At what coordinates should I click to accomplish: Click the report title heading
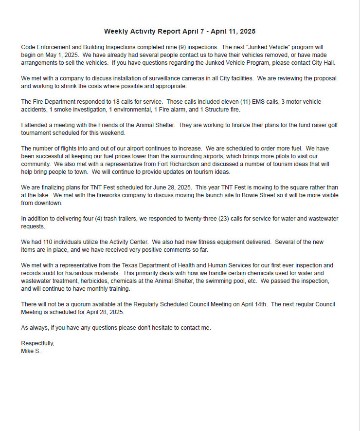pos(180,31)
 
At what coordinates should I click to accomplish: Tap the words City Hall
pos(322,63)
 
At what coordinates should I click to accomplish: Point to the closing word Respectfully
pos(37,343)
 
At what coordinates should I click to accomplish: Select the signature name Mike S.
pos(31,351)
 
